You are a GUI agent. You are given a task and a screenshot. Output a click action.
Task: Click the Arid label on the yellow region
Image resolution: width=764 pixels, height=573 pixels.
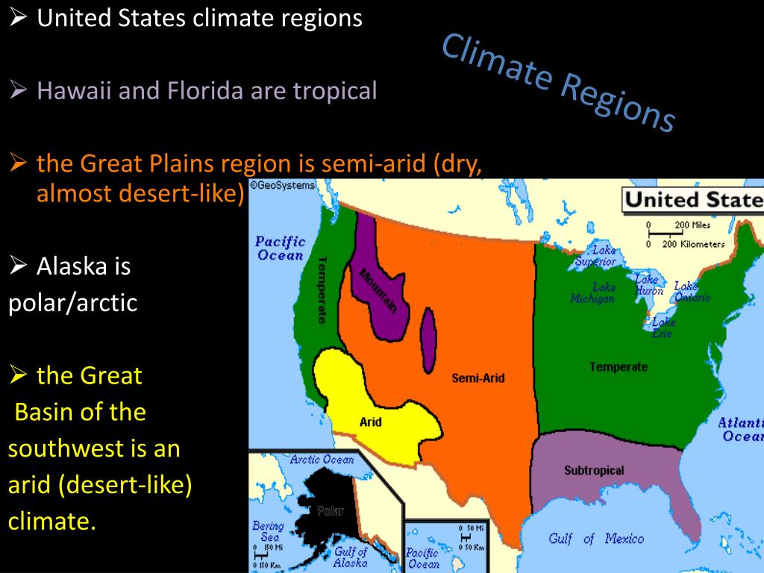(x=371, y=422)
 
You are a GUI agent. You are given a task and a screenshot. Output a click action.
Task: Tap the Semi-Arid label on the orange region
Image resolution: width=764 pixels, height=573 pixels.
(x=478, y=378)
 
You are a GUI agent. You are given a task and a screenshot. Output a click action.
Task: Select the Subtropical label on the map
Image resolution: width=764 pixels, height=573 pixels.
(x=594, y=471)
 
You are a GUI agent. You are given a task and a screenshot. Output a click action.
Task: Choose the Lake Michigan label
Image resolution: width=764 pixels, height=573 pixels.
(x=592, y=293)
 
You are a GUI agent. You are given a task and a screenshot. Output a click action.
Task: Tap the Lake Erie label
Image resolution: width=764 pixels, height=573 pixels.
(x=663, y=328)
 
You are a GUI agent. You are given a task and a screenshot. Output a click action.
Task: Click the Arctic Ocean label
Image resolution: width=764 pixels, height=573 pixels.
(x=322, y=460)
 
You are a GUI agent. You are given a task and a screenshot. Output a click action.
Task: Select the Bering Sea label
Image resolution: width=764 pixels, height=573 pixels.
(x=267, y=531)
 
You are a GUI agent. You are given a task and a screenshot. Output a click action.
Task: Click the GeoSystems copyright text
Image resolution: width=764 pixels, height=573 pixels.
(x=283, y=185)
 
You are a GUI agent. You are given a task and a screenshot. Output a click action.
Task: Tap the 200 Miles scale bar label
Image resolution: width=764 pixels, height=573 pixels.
(x=692, y=225)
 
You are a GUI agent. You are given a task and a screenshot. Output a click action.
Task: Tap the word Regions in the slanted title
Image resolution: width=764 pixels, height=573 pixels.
(x=616, y=102)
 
